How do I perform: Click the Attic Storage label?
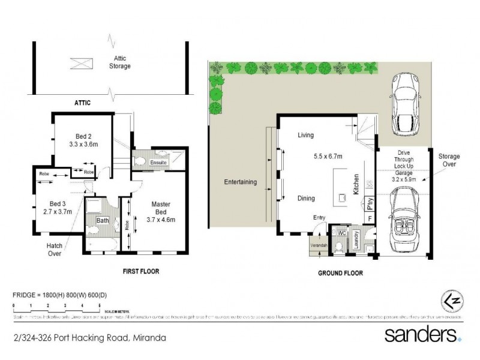click(x=118, y=62)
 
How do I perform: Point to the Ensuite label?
click(x=159, y=163)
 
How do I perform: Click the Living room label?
click(x=306, y=136)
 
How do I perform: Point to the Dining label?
click(x=306, y=198)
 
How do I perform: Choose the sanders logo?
click(x=424, y=335)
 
